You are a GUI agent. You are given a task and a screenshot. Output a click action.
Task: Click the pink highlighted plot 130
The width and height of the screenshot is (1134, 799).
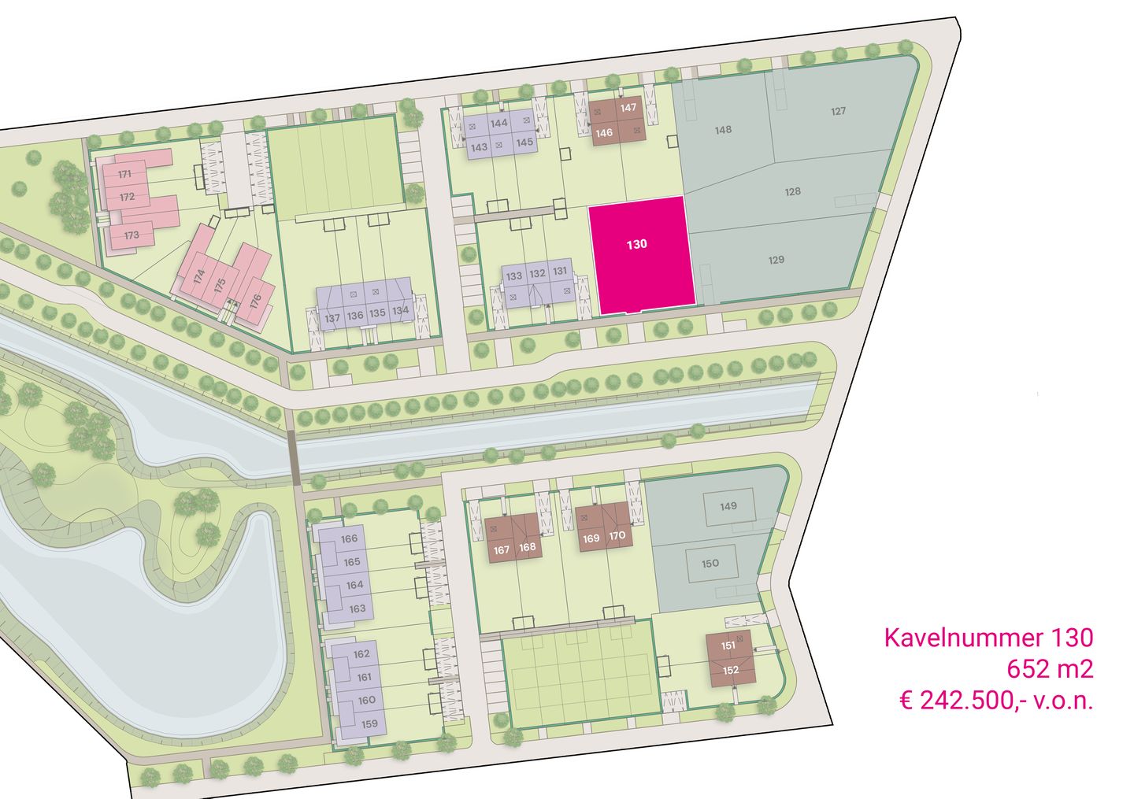(x=637, y=252)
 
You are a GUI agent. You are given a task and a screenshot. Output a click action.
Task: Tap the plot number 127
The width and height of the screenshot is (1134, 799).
(x=838, y=111)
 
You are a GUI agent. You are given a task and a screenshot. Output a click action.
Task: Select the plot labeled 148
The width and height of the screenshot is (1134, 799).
(x=723, y=130)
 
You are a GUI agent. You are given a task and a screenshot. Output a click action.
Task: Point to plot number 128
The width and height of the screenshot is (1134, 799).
(x=792, y=191)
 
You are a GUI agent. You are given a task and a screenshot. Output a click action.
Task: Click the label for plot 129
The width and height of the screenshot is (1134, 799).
(x=776, y=260)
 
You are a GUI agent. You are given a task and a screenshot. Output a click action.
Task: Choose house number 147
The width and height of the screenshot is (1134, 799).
(x=628, y=108)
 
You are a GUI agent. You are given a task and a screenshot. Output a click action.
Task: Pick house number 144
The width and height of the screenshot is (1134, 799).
(x=498, y=124)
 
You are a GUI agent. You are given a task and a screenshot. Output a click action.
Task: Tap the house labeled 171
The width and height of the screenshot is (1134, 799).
(x=124, y=175)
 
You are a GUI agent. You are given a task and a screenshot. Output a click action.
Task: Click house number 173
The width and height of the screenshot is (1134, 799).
(x=131, y=235)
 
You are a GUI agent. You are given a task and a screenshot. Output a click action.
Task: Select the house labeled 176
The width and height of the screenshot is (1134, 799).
(x=255, y=301)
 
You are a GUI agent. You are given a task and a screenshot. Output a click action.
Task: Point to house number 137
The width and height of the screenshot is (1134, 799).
(x=332, y=318)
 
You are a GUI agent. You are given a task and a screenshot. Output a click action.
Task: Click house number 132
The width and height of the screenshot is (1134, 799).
(x=537, y=274)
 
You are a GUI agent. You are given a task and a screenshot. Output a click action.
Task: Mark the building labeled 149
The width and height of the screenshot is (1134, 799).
(x=728, y=505)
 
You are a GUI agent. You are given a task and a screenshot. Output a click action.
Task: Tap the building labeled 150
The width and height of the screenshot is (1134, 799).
(x=710, y=563)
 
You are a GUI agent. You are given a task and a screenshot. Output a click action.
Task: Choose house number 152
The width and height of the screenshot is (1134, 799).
(x=730, y=671)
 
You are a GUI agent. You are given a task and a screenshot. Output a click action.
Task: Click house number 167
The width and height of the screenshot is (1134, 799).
(x=502, y=549)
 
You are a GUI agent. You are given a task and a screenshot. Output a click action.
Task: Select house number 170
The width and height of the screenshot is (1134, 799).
(x=617, y=536)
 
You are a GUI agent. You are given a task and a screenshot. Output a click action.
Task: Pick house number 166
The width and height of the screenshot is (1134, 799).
(x=350, y=539)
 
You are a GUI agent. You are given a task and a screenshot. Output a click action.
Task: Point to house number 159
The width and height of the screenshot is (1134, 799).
(x=369, y=723)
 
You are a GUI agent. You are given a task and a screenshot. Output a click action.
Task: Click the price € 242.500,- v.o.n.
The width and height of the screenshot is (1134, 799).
(x=996, y=701)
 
